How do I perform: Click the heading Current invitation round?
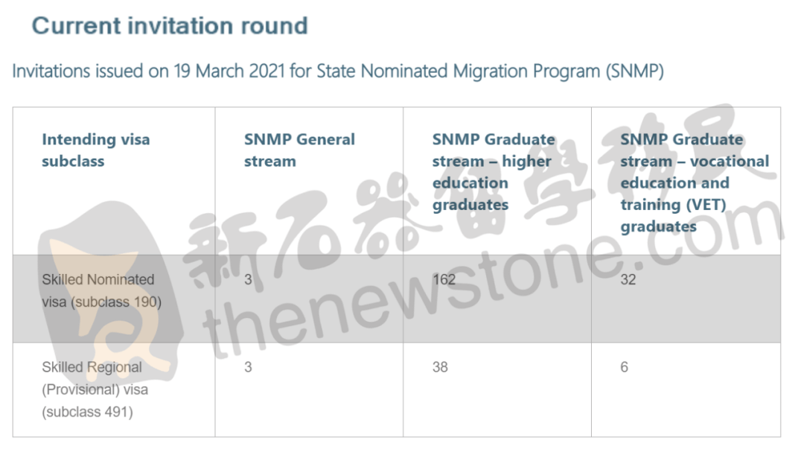pos(170,26)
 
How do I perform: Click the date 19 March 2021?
pos(229,71)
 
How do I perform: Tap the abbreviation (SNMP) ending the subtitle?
pos(634,71)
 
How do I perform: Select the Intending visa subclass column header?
pos(96,150)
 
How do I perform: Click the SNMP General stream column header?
pos(299,150)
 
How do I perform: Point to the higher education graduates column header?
pos(494,172)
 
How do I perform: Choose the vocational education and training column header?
pos(695,182)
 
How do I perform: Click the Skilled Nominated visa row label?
pos(101,290)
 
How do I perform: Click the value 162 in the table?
pos(444,279)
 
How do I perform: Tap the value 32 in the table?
pos(628,279)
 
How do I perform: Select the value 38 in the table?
pos(440,367)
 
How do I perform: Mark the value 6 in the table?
pos(624,367)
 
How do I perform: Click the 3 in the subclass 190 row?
pos(248,279)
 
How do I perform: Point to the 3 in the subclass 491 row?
pos(248,367)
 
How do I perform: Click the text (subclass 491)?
pos(88,412)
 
